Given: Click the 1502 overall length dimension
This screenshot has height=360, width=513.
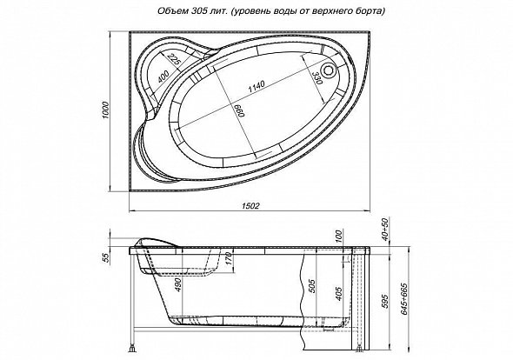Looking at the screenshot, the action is coord(251,206).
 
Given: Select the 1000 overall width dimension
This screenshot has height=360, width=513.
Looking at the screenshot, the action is coord(104,110).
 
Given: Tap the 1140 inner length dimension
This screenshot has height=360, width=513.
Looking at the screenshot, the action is coord(256,86).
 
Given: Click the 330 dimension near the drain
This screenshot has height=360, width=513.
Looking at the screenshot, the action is coord(317,78).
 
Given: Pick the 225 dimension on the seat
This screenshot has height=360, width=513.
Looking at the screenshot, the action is coord(174,59).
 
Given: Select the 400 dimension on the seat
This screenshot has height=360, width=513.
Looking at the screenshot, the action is coord(163,77).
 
